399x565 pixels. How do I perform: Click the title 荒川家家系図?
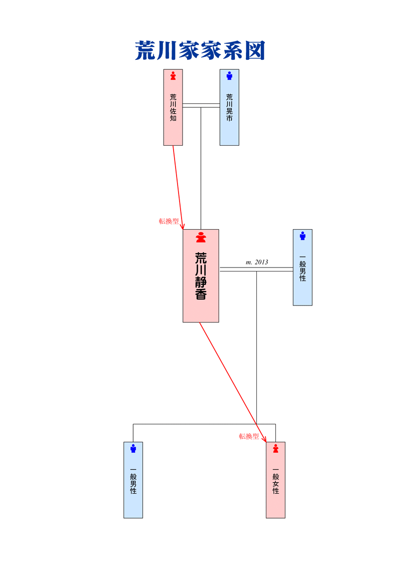click(199, 51)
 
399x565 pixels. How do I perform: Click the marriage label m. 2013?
click(257, 262)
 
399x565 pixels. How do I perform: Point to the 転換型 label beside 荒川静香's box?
click(169, 222)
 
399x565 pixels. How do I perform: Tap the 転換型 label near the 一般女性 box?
click(249, 436)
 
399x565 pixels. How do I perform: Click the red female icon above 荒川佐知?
click(173, 76)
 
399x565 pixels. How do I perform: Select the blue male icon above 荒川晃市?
click(229, 76)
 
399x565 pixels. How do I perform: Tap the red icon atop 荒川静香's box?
click(200, 238)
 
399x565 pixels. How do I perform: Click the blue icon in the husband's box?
click(302, 236)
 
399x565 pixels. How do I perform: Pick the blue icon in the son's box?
click(133, 448)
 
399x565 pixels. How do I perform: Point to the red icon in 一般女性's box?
click(276, 448)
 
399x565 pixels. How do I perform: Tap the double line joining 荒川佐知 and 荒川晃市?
click(201, 105)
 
